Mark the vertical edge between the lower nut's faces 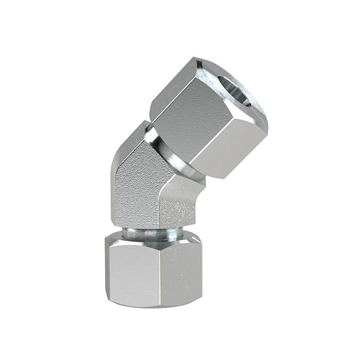160,273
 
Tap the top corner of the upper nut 198,60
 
